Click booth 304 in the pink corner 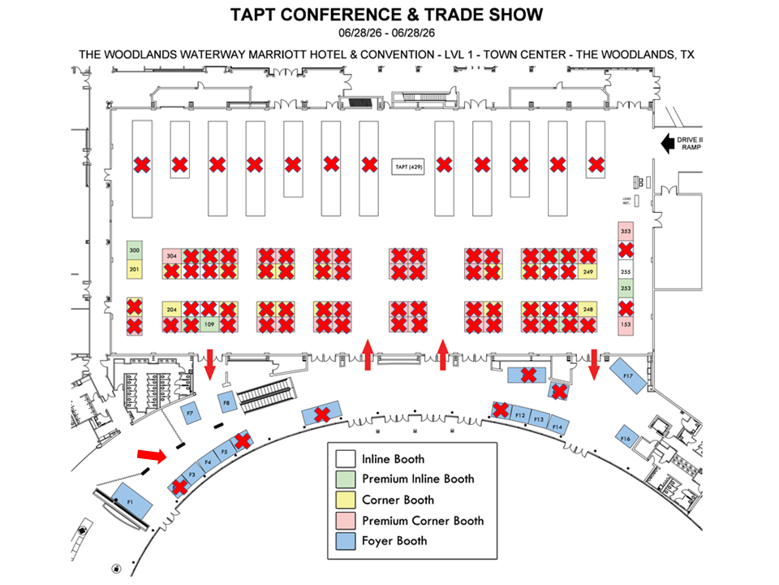click(x=171, y=256)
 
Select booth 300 click(x=135, y=251)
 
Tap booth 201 click(x=135, y=269)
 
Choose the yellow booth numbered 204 click(x=171, y=310)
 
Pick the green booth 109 click(x=209, y=325)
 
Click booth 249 click(x=588, y=271)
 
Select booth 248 click(x=588, y=310)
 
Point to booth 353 click(x=625, y=232)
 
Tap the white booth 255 click(x=625, y=272)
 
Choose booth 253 click(x=625, y=288)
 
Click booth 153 click(x=625, y=325)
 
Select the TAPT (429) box click(x=406, y=166)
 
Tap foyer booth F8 click(x=227, y=402)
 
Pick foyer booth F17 click(x=627, y=375)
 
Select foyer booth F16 click(x=626, y=439)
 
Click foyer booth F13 click(x=538, y=419)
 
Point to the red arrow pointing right click(x=151, y=453)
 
